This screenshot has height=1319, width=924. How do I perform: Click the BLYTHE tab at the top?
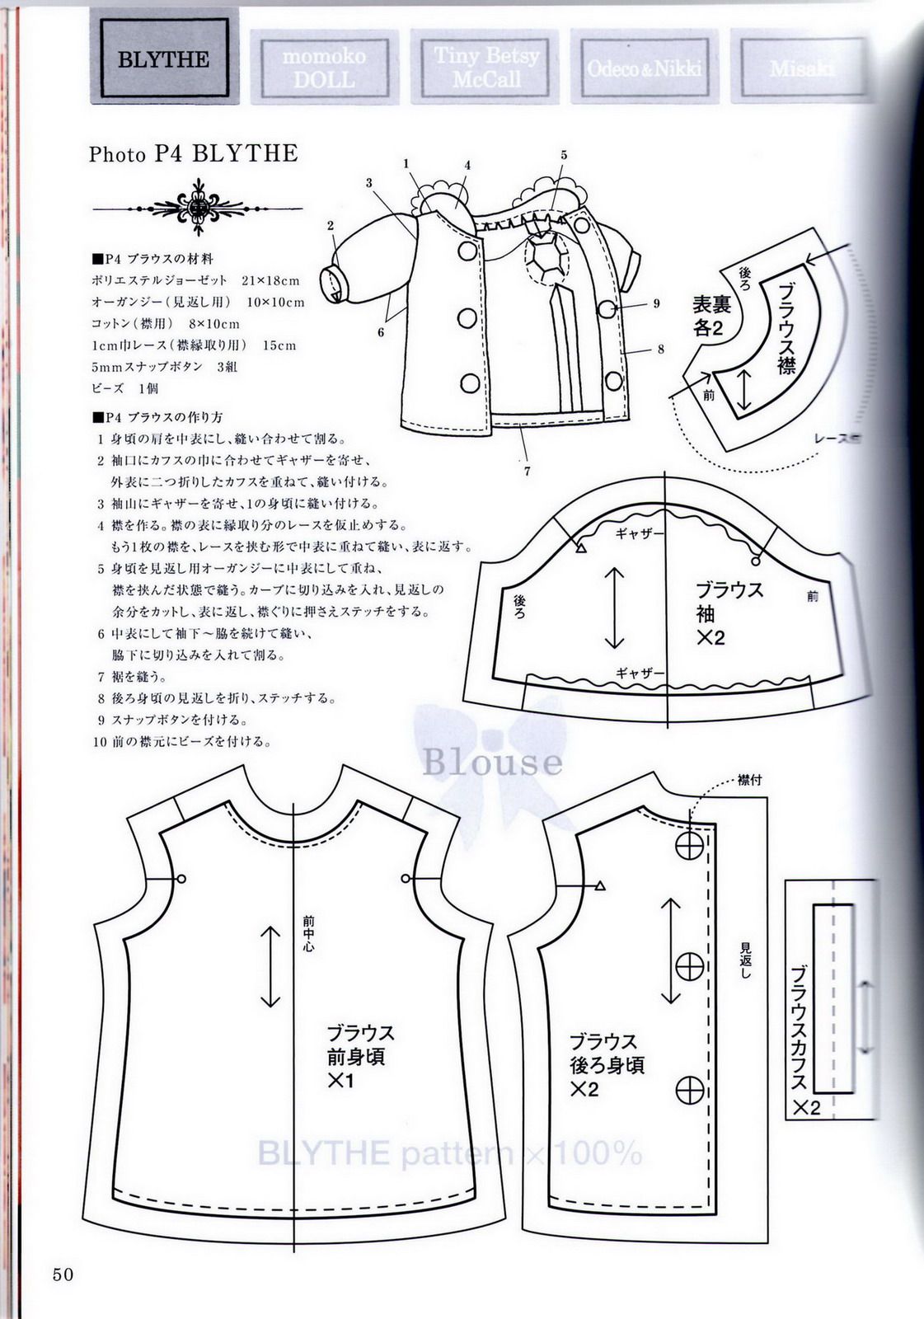point(163,59)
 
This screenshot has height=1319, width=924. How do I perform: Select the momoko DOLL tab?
point(324,68)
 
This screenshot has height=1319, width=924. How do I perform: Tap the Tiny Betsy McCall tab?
point(486,68)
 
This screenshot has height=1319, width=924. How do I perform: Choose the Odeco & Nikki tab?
point(644,68)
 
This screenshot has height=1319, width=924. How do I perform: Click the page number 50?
point(63,1274)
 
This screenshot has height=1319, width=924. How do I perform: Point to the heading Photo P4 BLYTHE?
point(193,154)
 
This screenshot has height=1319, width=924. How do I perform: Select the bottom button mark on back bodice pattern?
point(688,1091)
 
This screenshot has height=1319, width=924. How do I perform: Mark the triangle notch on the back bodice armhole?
point(600,886)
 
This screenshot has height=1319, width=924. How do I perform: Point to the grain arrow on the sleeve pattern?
point(614,608)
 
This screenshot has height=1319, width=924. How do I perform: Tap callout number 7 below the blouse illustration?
point(527,472)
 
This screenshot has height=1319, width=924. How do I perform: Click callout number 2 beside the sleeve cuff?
point(331,225)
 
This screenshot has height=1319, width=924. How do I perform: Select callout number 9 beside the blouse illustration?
point(656,303)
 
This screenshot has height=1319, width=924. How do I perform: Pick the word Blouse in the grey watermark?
point(492,762)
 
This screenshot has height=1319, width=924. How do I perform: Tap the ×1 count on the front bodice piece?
point(340,1079)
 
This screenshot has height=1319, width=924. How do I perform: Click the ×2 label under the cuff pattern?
point(807,1107)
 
